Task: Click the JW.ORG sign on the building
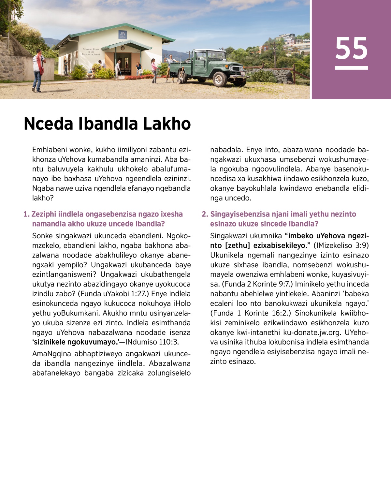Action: [x=123, y=35]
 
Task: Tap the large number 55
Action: [x=351, y=49]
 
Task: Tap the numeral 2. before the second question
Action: [x=205, y=214]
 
